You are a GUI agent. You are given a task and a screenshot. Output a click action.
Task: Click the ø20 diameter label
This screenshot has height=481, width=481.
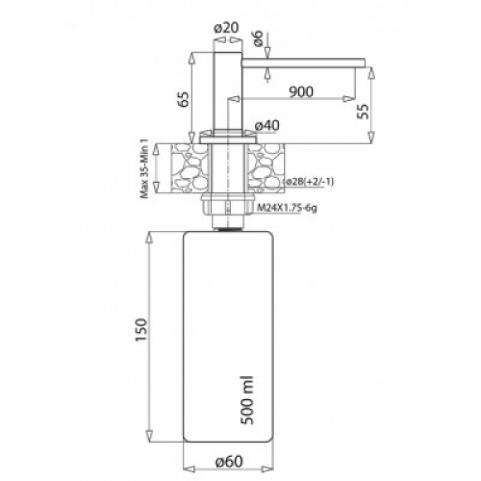coord(227,28)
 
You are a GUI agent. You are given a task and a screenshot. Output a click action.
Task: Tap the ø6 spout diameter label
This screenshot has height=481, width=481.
coord(259,38)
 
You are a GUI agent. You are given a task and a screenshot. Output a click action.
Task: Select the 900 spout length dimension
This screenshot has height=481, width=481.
coord(301,91)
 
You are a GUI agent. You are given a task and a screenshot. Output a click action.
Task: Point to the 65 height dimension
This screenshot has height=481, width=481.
coord(184,99)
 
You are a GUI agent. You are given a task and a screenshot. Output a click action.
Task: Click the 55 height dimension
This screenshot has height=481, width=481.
coord(363,111)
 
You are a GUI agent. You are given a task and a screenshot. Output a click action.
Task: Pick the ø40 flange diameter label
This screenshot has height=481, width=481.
coord(267,126)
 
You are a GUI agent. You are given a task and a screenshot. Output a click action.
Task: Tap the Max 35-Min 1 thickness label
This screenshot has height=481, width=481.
coord(143,168)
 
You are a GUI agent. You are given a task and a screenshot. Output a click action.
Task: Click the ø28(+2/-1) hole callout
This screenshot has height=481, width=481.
coord(309,182)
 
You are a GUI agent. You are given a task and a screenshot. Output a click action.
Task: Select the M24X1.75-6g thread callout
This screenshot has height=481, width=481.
coord(287,208)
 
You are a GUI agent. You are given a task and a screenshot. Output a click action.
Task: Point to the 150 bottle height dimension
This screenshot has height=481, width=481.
coord(141,330)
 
